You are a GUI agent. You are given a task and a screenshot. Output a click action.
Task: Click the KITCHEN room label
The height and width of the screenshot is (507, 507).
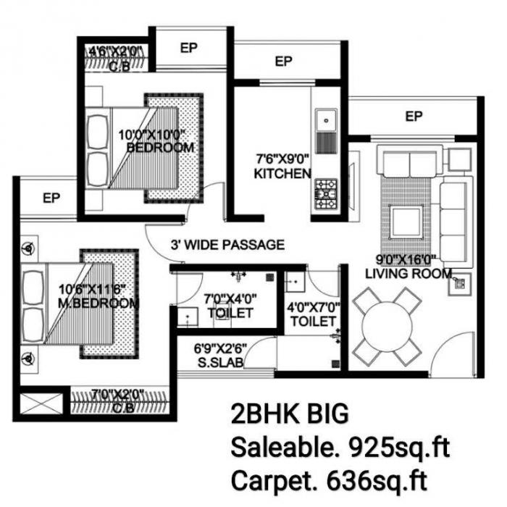(x=282, y=174)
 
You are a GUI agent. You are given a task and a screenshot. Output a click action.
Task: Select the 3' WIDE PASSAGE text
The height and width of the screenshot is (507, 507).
(x=227, y=245)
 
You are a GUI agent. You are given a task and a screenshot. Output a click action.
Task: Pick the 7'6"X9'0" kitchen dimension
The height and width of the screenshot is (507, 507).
(x=280, y=159)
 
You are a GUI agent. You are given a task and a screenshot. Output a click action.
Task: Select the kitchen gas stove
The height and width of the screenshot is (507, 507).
(x=325, y=190)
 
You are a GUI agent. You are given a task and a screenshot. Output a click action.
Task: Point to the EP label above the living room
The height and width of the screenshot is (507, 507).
(x=414, y=116)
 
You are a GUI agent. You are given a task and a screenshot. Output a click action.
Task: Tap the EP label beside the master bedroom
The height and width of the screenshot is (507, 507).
(x=51, y=197)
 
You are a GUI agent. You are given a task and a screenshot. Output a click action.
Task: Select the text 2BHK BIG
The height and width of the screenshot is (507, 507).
(x=289, y=415)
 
